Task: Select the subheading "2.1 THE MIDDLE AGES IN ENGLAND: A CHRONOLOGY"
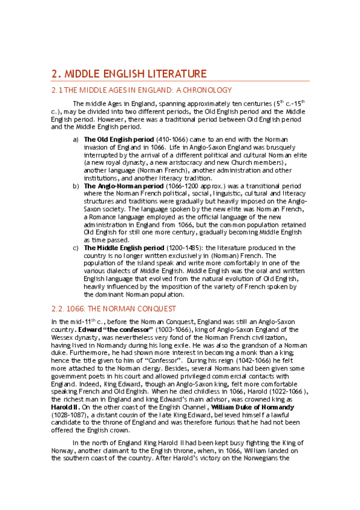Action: tap(141, 90)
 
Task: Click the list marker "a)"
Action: tap(76, 140)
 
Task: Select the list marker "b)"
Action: tap(76, 186)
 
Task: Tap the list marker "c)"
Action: tap(76, 248)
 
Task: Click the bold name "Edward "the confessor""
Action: tap(106, 330)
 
